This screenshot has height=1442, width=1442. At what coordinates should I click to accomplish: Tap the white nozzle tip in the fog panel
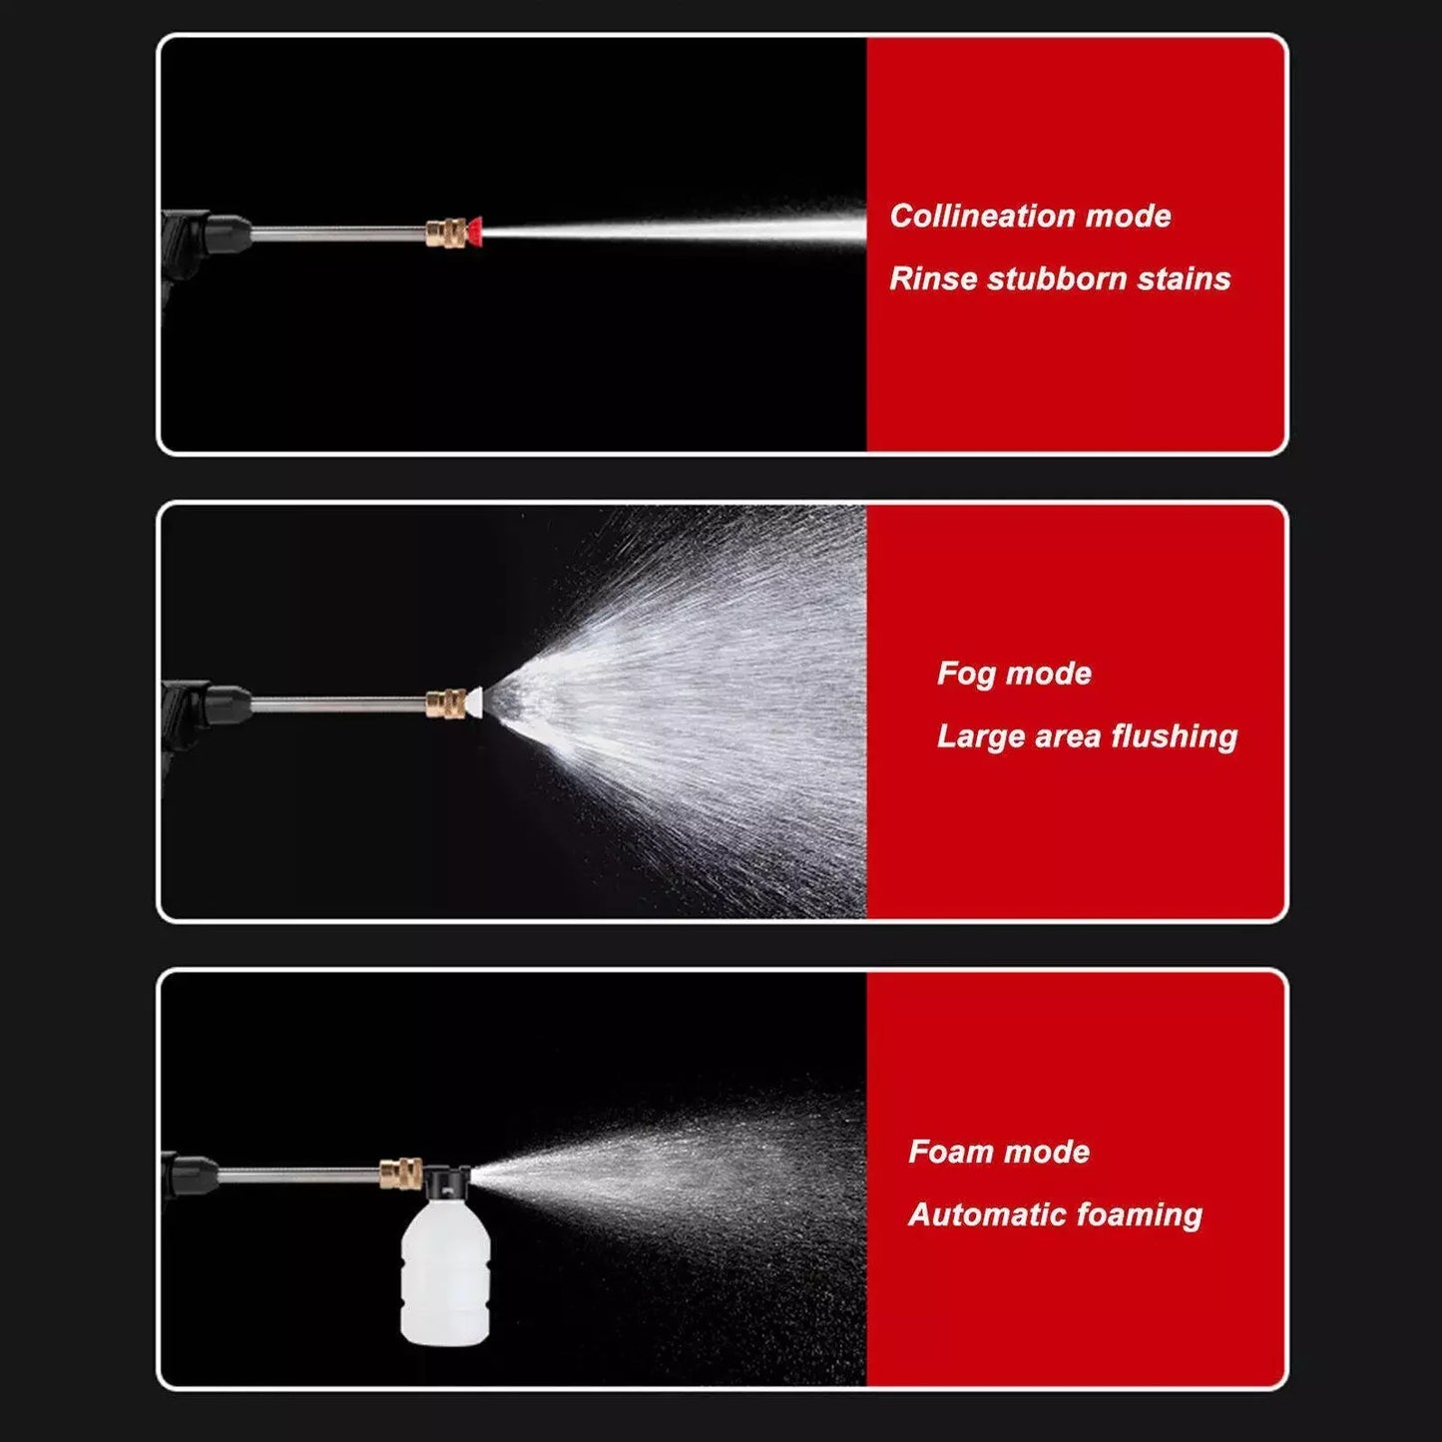pyautogui.click(x=474, y=703)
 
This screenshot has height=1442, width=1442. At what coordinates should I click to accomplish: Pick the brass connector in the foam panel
pyautogui.click(x=400, y=1171)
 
